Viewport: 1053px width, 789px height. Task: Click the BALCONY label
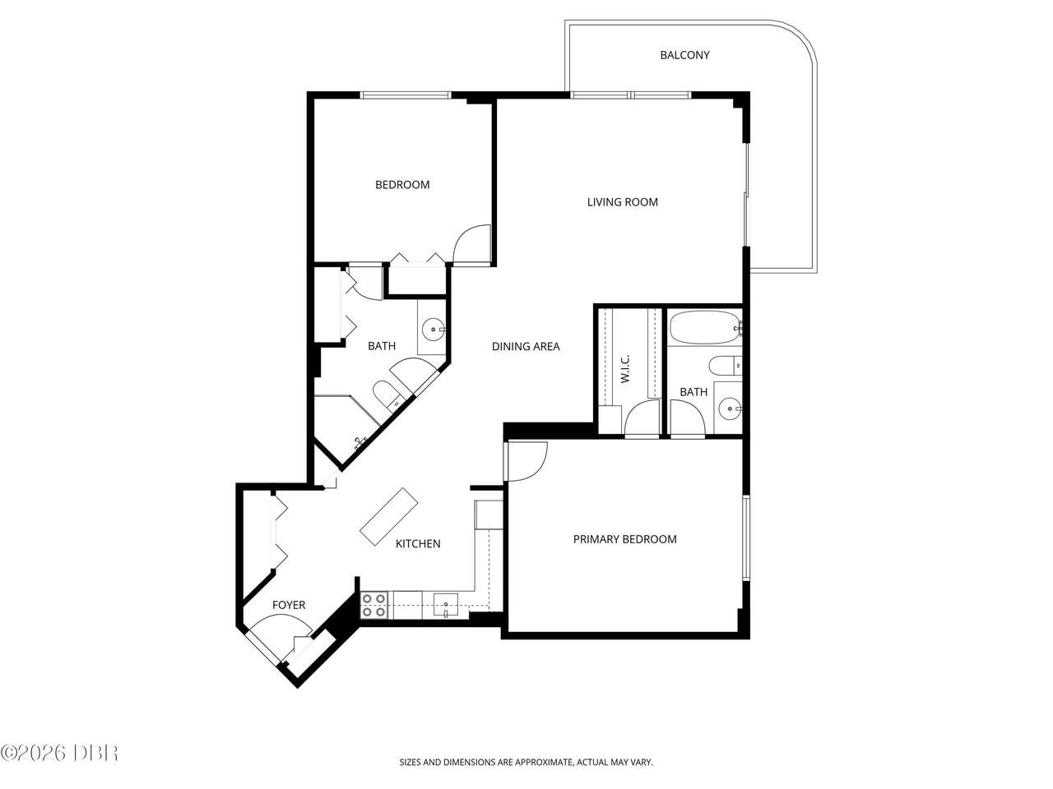[x=684, y=55]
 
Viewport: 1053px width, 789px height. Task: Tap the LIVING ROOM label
[x=622, y=202]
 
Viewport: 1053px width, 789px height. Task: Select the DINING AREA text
[x=526, y=346]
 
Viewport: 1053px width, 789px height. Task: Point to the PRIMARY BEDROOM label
[x=624, y=539]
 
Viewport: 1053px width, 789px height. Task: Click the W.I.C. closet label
[x=624, y=369]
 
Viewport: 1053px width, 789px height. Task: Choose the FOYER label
[x=289, y=605]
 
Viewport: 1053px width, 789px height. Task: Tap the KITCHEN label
[x=418, y=544]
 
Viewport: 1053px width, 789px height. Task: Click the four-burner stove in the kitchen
[x=374, y=605]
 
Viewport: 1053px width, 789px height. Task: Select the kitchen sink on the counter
[x=446, y=604]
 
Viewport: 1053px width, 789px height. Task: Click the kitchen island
[x=389, y=517]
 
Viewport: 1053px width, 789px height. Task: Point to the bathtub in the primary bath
[x=704, y=328]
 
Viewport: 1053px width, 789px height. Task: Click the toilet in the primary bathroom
[x=726, y=367]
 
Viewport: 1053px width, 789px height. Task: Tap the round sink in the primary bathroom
[x=730, y=408]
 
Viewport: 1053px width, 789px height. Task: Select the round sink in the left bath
[x=434, y=330]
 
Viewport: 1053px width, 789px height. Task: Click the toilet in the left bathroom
[x=387, y=394]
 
